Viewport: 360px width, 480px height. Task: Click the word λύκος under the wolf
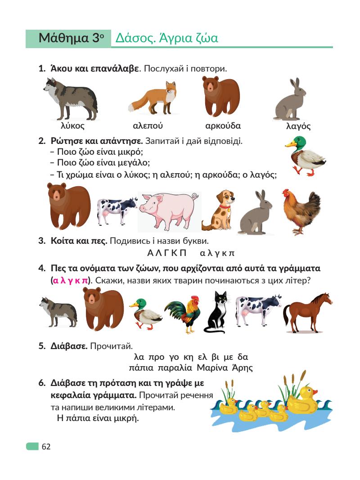73,126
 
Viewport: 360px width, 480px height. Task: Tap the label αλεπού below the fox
148,126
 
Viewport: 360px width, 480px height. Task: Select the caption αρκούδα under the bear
223,126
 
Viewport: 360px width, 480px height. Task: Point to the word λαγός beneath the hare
298,126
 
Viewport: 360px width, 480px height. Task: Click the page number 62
46,447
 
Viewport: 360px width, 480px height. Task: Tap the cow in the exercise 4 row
258,310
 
